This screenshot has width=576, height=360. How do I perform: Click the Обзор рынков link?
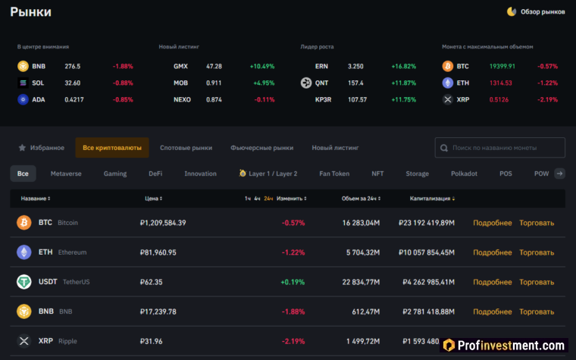(x=537, y=11)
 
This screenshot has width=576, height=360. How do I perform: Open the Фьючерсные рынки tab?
(x=261, y=148)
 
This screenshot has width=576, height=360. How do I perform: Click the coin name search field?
(x=500, y=148)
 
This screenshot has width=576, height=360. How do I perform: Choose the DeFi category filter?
(x=155, y=174)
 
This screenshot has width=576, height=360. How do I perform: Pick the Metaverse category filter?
(x=66, y=174)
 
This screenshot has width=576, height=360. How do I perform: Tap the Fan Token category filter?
(x=334, y=174)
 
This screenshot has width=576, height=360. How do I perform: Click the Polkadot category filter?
(x=464, y=174)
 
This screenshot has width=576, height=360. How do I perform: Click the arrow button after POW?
(x=559, y=174)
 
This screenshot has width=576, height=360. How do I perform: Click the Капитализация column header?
(x=433, y=199)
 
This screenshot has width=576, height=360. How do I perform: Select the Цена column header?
(x=153, y=199)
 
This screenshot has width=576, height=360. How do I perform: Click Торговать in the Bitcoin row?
(x=537, y=223)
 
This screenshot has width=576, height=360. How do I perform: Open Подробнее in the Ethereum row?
(x=493, y=252)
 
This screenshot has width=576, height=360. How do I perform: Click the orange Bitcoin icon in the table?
(x=23, y=223)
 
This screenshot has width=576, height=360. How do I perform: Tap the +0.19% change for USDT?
(x=293, y=282)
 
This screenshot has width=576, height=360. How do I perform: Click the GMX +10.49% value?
(x=262, y=67)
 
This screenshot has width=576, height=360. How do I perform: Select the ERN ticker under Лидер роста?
(x=322, y=67)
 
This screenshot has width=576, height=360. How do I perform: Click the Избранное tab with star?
(x=42, y=148)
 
